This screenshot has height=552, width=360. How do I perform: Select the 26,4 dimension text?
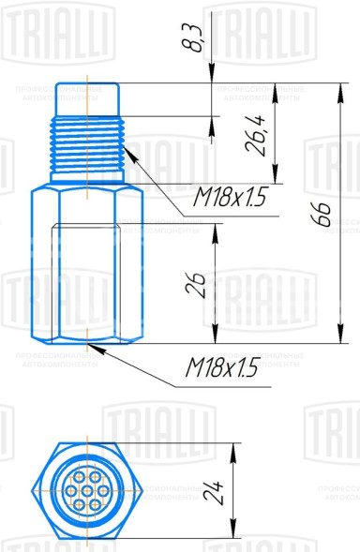(x=255, y=135)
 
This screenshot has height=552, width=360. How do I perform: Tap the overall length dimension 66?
(x=322, y=214)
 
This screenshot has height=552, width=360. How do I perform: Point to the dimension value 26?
(x=195, y=285)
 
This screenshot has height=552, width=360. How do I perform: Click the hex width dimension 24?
(x=214, y=493)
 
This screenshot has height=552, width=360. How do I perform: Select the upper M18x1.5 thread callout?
(x=229, y=197)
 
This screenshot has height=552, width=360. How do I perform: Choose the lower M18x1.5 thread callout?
(x=222, y=367)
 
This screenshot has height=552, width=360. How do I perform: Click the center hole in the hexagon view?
(x=87, y=490)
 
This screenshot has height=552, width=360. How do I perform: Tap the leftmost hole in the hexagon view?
(x=71, y=490)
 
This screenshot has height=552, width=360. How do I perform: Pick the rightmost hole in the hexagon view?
(x=103, y=490)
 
